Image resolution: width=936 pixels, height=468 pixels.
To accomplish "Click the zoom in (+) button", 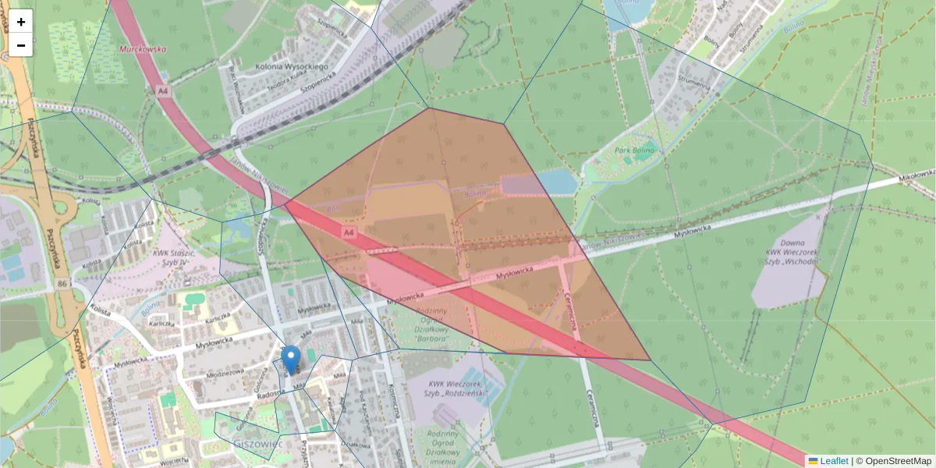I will pyautogui.click(x=21, y=22).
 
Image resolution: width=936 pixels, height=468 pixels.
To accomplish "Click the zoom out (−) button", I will pyautogui.click(x=21, y=45).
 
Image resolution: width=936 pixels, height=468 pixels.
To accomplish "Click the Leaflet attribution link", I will pyautogui.click(x=833, y=461).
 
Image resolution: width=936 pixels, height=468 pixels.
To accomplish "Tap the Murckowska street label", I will pyautogui.click(x=143, y=48).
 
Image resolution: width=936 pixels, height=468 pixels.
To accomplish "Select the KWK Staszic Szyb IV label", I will pyautogui.click(x=173, y=257).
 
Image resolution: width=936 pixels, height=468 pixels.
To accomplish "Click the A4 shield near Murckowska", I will pyautogui.click(x=162, y=91).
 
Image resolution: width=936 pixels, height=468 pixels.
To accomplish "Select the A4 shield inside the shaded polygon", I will pyautogui.click(x=349, y=232).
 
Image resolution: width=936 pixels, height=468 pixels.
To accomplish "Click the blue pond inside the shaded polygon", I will pyautogui.click(x=555, y=183).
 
